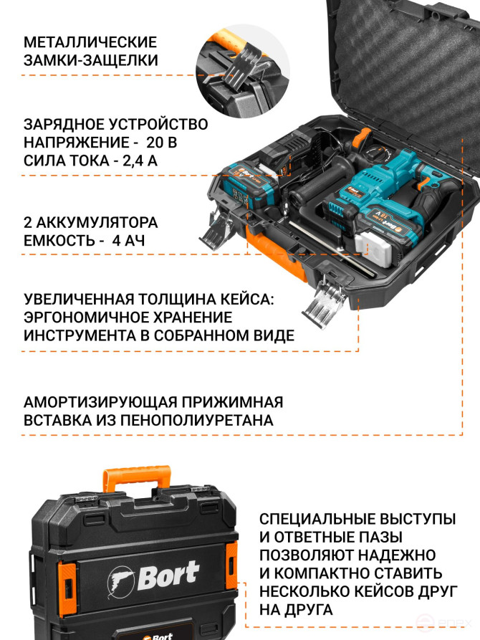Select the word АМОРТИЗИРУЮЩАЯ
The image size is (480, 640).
[94, 401]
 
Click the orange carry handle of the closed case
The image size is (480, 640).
[137, 481]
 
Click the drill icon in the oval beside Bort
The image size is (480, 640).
[122, 577]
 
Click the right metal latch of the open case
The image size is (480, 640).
[322, 301]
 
